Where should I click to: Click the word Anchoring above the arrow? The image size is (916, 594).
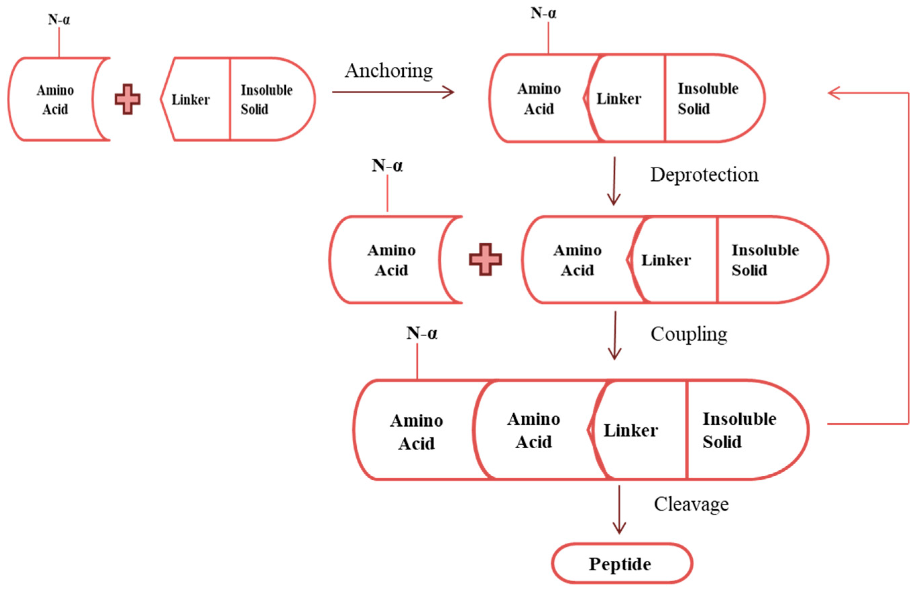point(389,71)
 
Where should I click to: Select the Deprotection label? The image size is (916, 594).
point(704,175)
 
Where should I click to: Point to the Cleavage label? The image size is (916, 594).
point(691,504)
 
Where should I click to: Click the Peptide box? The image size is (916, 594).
point(622,564)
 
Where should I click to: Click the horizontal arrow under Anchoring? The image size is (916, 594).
point(393,92)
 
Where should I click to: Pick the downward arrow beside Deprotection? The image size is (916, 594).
point(614,181)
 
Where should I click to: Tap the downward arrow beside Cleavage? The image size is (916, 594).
point(619,510)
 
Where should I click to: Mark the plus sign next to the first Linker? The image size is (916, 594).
point(127,99)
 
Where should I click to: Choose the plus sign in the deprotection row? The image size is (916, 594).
point(485,259)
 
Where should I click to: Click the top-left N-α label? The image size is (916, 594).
point(59,19)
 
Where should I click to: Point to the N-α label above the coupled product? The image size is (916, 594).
point(422,333)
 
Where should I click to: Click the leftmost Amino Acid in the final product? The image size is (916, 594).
point(416,432)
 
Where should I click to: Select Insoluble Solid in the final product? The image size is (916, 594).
point(739,430)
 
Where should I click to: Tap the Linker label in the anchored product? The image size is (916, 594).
point(619,99)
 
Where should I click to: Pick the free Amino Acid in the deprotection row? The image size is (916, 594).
point(391,260)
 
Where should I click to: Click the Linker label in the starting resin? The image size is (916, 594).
point(190,100)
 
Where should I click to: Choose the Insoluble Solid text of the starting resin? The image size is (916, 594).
point(266,100)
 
